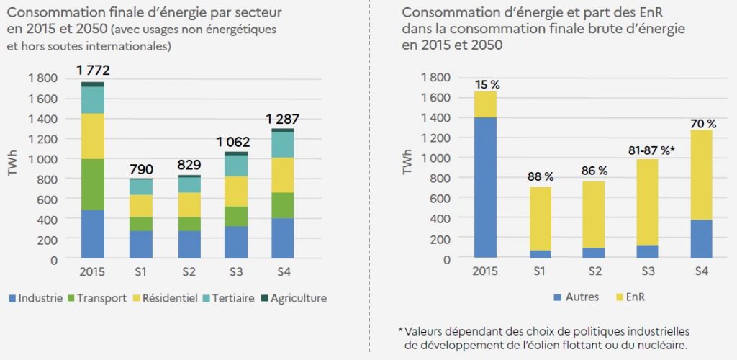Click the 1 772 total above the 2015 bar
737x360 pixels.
pos(92,71)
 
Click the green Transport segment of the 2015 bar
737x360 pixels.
pos(92,184)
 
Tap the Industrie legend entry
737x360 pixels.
pos(35,298)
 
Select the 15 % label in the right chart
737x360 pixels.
pos(487,85)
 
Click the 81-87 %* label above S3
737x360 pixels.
pos(651,151)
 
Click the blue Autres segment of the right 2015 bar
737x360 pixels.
pos(487,187)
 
